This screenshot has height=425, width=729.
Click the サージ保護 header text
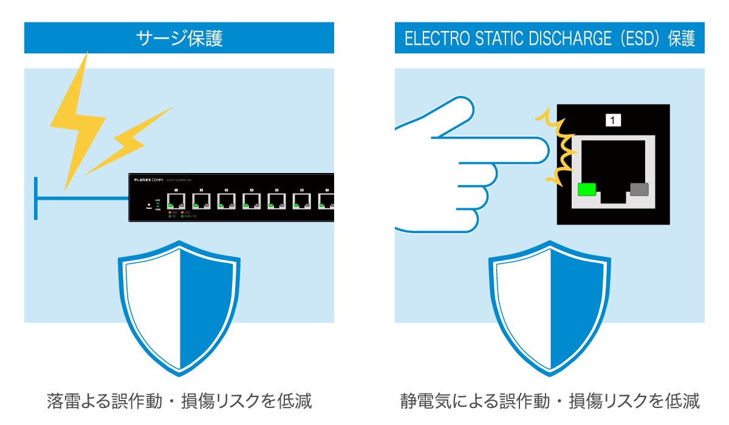click(x=179, y=38)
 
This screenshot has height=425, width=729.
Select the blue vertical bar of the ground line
click(x=36, y=198)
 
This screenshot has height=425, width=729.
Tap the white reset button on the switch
click(x=148, y=205)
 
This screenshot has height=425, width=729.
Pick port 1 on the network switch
click(x=176, y=201)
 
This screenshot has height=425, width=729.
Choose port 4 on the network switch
click(x=252, y=201)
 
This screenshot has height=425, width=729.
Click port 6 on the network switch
click(x=302, y=201)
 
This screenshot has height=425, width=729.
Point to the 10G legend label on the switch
click(x=174, y=212)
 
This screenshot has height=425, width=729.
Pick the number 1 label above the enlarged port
click(x=613, y=120)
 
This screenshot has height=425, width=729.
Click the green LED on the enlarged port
click(x=586, y=189)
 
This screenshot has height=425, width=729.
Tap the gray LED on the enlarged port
click(x=639, y=189)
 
